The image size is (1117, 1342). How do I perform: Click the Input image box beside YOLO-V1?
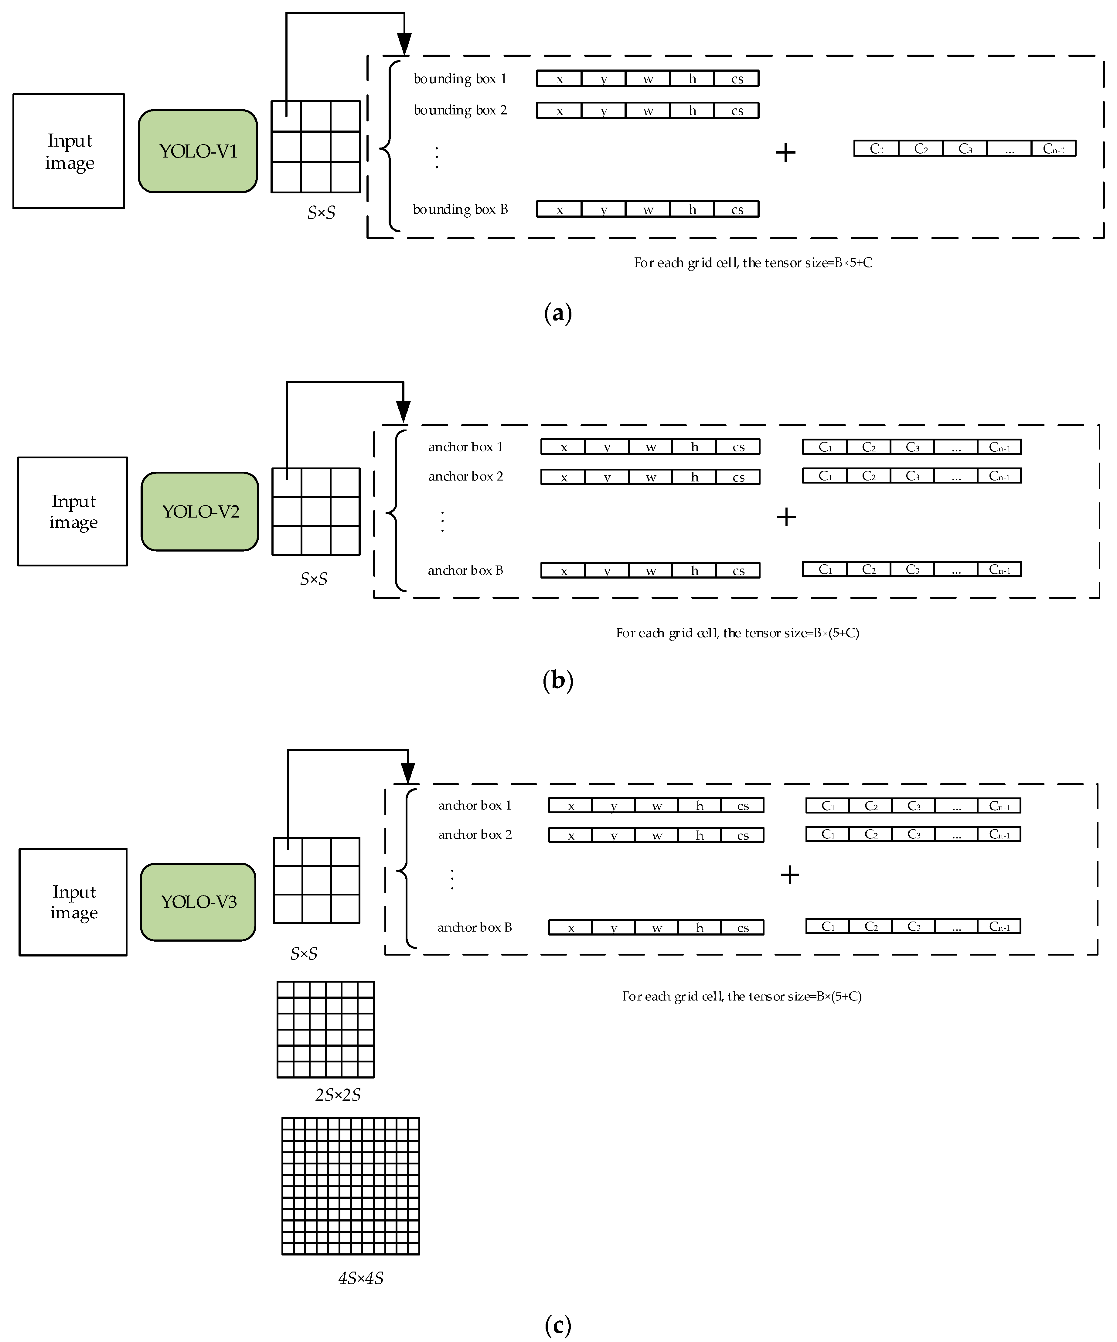pos(69,151)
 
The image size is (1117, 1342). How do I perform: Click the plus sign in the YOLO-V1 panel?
pos(785,152)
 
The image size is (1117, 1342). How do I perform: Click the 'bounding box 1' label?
pos(460,79)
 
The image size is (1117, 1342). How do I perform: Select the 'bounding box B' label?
pos(460,210)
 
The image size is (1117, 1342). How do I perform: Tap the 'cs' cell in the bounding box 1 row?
pos(737,79)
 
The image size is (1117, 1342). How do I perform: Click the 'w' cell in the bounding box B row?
pos(648,210)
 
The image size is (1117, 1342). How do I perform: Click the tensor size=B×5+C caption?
pos(753,263)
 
